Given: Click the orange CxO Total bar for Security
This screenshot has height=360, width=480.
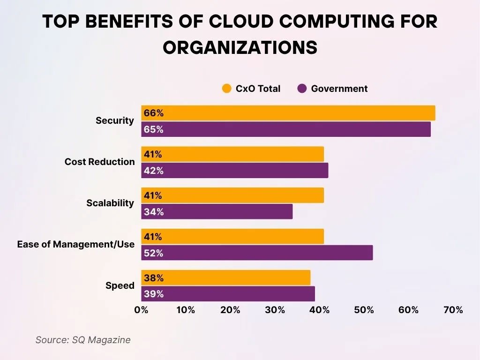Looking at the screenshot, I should pos(288,113).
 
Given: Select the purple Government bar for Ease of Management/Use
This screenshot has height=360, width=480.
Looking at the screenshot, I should pos(257,253).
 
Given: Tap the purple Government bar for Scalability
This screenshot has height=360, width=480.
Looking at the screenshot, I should pos(217,212).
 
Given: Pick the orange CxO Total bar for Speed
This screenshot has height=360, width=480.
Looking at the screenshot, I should pos(225,277).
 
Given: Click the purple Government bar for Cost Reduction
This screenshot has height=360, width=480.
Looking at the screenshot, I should pos(234,171).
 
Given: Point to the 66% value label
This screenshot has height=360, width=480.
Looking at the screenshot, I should pos(154,113).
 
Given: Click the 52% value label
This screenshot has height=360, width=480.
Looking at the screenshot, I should pos(154,253).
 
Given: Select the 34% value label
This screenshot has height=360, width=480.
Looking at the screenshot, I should pos(154,212).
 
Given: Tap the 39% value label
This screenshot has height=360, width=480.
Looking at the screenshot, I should pos(154,294).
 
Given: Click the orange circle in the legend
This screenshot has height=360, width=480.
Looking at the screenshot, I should pos(227,89).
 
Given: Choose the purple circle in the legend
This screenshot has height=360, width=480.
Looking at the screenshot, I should pos(302,89).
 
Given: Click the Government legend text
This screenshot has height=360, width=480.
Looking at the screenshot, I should pos(339,89).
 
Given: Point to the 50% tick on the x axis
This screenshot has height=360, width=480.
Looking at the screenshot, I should pos(364,310).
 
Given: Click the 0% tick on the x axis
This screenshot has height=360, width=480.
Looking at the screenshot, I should pos(141,310).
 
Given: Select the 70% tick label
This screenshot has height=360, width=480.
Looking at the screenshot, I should pos(453,310).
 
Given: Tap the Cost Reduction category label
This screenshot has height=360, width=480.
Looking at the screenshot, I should pos(99,162).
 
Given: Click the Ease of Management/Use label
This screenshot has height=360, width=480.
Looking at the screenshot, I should pos(76,244).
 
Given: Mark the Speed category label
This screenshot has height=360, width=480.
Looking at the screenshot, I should pos(120,285).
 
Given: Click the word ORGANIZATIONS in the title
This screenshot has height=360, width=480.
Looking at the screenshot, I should pos(240,47).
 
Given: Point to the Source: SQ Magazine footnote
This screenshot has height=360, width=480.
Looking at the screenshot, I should pos(83,340).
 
